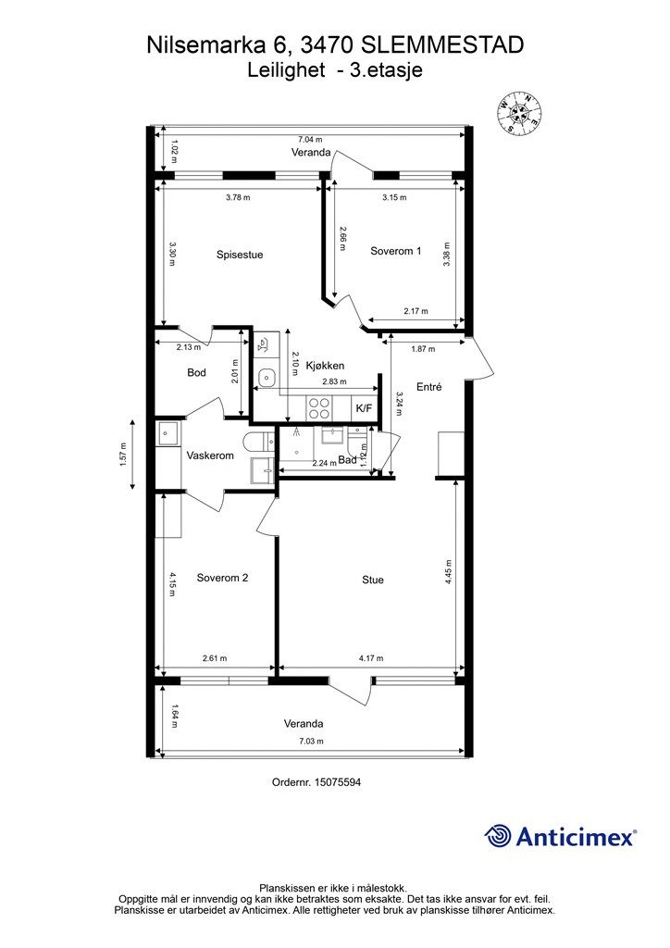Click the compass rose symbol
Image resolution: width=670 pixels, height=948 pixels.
coord(519,113)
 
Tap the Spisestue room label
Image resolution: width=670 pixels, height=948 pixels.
coord(240,255)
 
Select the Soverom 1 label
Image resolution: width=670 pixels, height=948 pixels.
coord(396,251)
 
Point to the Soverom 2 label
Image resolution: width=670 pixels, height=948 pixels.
coord(222,578)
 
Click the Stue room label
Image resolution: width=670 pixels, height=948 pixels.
coord(373,580)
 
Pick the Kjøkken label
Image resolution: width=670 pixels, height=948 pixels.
coord(325,366)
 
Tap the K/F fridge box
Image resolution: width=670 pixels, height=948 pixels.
coord(365,408)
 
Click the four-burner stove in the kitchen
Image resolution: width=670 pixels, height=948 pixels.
coord(319,408)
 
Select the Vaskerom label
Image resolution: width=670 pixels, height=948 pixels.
coord(210,455)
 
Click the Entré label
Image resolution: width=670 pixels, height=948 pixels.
coord(429,387)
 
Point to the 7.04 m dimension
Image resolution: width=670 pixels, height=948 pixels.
coord(310,140)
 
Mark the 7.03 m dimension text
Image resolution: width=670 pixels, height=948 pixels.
coord(311,742)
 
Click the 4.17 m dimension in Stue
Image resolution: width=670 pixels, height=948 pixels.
coord(371,658)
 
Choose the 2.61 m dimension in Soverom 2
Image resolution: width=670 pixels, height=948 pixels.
coord(215,658)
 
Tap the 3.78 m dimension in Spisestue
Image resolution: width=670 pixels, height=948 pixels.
coord(238,197)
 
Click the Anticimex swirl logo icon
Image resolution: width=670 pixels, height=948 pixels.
coord(497,836)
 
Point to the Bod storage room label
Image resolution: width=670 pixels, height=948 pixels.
coord(196,372)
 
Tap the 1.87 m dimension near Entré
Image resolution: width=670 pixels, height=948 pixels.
coord(423,349)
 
